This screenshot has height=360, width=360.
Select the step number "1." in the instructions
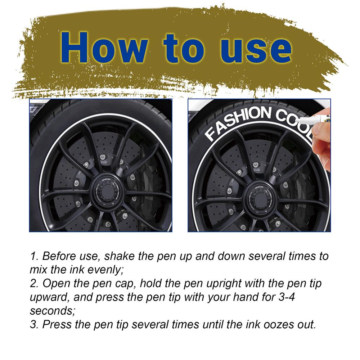click(35, 256)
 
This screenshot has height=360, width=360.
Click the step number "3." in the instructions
click(35, 324)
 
